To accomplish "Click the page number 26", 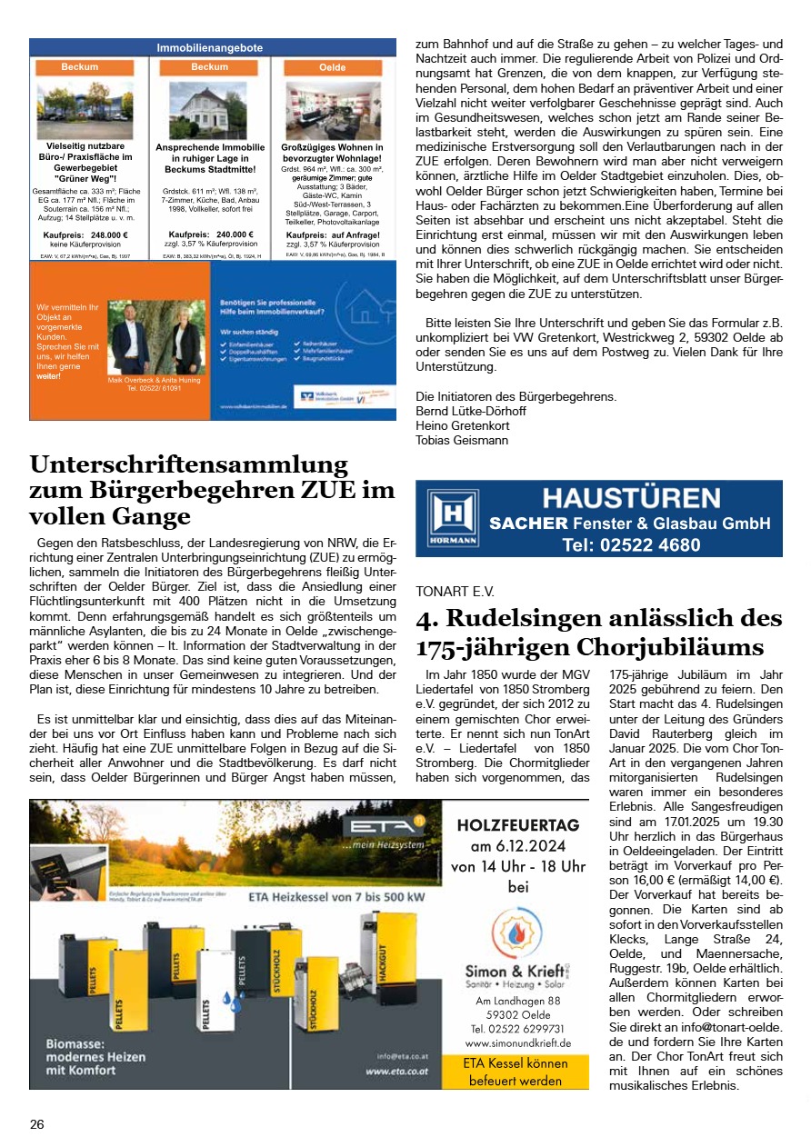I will tap(36, 1124).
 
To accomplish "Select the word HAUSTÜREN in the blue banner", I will tap(631, 497).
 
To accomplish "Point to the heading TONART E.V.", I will tap(455, 591).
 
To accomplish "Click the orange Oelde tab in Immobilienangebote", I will tap(333, 67).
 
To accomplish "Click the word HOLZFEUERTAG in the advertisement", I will tap(517, 826).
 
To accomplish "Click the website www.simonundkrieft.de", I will tap(517, 1042).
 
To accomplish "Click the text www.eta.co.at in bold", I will tap(396, 1072).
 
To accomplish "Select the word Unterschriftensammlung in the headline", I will tap(188, 464).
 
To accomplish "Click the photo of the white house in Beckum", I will tap(209, 110).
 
